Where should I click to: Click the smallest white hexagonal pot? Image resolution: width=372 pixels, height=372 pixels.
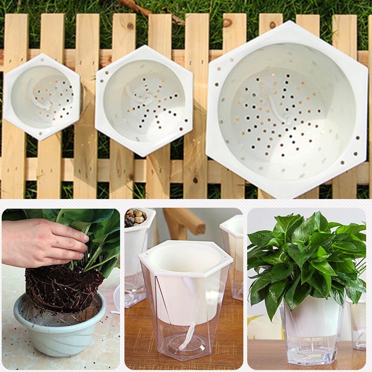click(x=42, y=97)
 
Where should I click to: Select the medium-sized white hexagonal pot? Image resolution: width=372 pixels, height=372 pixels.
click(x=144, y=100)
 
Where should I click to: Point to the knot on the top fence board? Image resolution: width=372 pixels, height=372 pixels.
click(x=227, y=22)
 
